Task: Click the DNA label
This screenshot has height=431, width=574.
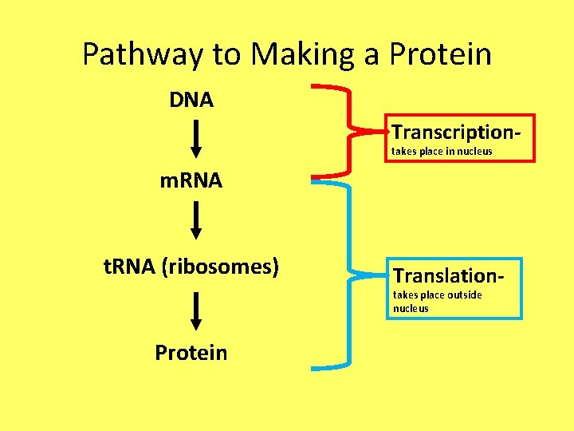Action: pyautogui.click(x=191, y=101)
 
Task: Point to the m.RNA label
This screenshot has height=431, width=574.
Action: pyautogui.click(x=191, y=181)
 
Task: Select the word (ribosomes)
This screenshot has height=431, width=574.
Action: pyautogui.click(x=221, y=267)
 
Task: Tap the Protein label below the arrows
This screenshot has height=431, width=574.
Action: pyautogui.click(x=191, y=353)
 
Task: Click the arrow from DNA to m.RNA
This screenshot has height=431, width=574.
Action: pyautogui.click(x=196, y=140)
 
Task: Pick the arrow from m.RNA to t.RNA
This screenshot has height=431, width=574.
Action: pyautogui.click(x=196, y=221)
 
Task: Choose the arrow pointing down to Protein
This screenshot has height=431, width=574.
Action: pyautogui.click(x=196, y=311)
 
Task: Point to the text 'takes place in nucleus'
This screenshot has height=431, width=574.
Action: pyautogui.click(x=442, y=151)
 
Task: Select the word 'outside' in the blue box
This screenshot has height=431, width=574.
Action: pyautogui.click(x=464, y=295)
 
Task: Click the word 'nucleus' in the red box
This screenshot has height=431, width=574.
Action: pyautogui.click(x=474, y=151)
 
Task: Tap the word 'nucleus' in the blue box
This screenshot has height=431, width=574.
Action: pyautogui.click(x=411, y=308)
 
